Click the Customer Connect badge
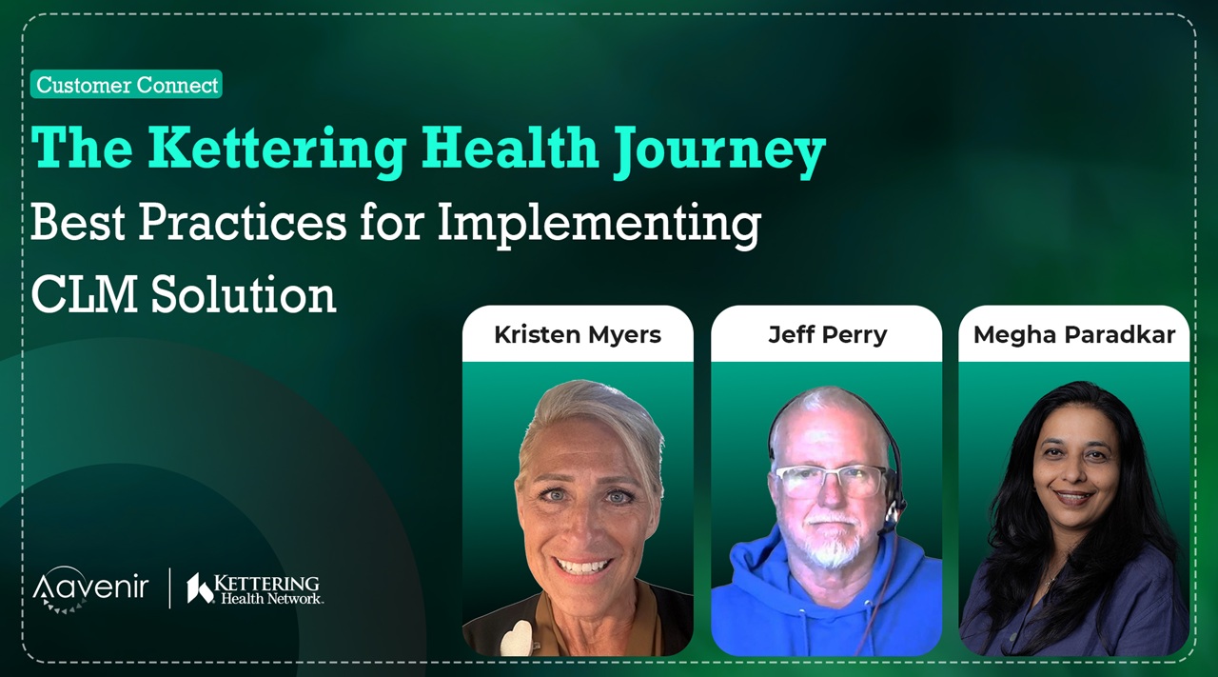(127, 85)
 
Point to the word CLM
(85, 294)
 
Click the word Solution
(244, 294)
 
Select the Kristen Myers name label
(578, 334)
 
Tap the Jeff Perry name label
(827, 334)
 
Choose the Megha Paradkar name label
(1074, 334)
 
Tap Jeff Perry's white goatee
(833, 543)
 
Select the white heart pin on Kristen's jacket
(516, 638)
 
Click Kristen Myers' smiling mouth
(581, 567)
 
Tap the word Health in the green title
(510, 148)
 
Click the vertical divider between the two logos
(170, 587)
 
